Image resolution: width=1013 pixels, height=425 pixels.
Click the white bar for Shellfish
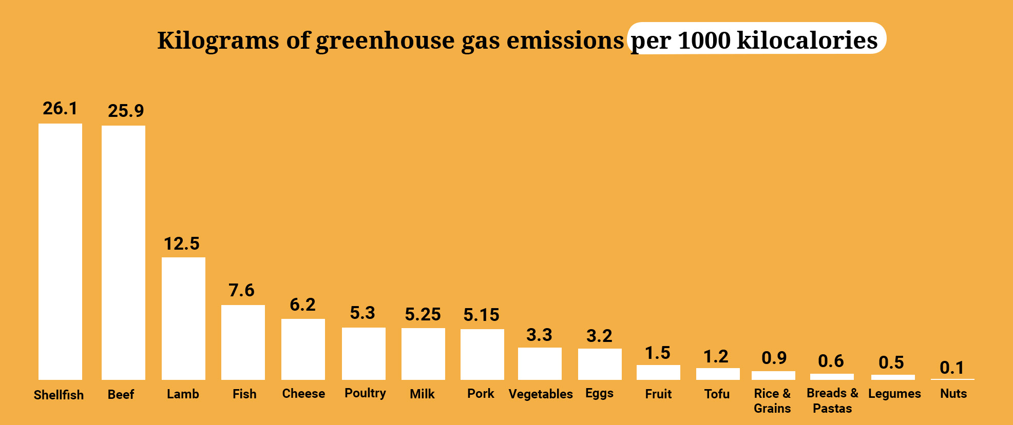coord(60,251)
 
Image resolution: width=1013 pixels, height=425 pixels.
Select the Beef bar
coord(123,252)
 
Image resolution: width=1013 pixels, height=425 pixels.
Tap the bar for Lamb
coord(183,318)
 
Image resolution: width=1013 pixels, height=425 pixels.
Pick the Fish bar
coord(243,342)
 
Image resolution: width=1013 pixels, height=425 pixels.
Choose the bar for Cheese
coord(303,349)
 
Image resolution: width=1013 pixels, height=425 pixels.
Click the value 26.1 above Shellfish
coord(60,109)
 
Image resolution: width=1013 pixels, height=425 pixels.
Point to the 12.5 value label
coord(182,244)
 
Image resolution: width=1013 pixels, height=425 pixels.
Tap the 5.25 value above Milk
coord(423,314)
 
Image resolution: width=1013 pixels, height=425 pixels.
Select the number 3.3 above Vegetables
coord(539,335)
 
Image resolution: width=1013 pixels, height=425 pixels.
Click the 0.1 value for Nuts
coord(951,368)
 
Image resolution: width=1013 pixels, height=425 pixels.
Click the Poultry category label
coord(365,393)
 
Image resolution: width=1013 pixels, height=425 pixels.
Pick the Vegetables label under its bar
coord(541,394)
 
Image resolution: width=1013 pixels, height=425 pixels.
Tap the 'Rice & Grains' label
coord(772,401)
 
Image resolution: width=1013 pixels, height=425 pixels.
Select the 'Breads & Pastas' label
coord(832,401)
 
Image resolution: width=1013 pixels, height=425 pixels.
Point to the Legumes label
coord(894,394)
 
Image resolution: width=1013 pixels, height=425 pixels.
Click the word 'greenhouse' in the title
coord(385,41)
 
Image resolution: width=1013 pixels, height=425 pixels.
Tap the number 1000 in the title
coord(704,41)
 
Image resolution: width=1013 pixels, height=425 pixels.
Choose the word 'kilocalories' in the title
coord(807,41)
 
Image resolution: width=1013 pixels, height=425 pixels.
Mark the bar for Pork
coord(482,354)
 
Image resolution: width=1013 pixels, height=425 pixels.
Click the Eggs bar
coord(600,364)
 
